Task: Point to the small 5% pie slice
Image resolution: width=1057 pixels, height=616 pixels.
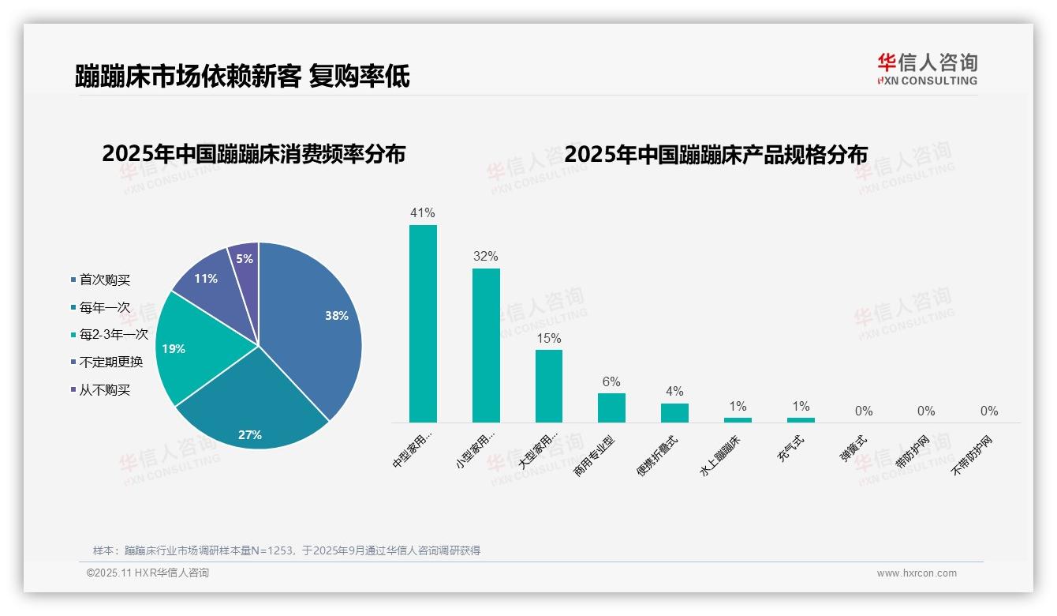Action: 245,259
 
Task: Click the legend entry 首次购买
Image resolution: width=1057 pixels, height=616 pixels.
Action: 104,280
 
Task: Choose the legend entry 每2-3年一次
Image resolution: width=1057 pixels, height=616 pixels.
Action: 114,335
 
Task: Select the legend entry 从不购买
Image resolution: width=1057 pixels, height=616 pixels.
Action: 104,390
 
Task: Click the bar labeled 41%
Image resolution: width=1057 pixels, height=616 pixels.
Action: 423,324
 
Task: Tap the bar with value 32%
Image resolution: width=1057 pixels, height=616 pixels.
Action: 486,345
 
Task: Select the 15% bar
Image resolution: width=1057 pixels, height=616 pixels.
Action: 549,386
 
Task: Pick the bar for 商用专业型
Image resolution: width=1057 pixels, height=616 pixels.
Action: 611,408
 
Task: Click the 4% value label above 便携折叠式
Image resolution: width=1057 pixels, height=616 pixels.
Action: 674,392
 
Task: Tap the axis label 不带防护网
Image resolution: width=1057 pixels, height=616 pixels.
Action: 973,454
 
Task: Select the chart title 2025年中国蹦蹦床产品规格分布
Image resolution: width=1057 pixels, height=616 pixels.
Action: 715,155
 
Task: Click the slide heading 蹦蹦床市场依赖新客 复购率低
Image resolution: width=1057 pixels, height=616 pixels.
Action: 242,77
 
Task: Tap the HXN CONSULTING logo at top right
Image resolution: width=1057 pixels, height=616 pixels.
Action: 927,69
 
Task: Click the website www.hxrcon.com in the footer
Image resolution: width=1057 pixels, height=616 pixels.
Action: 917,573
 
